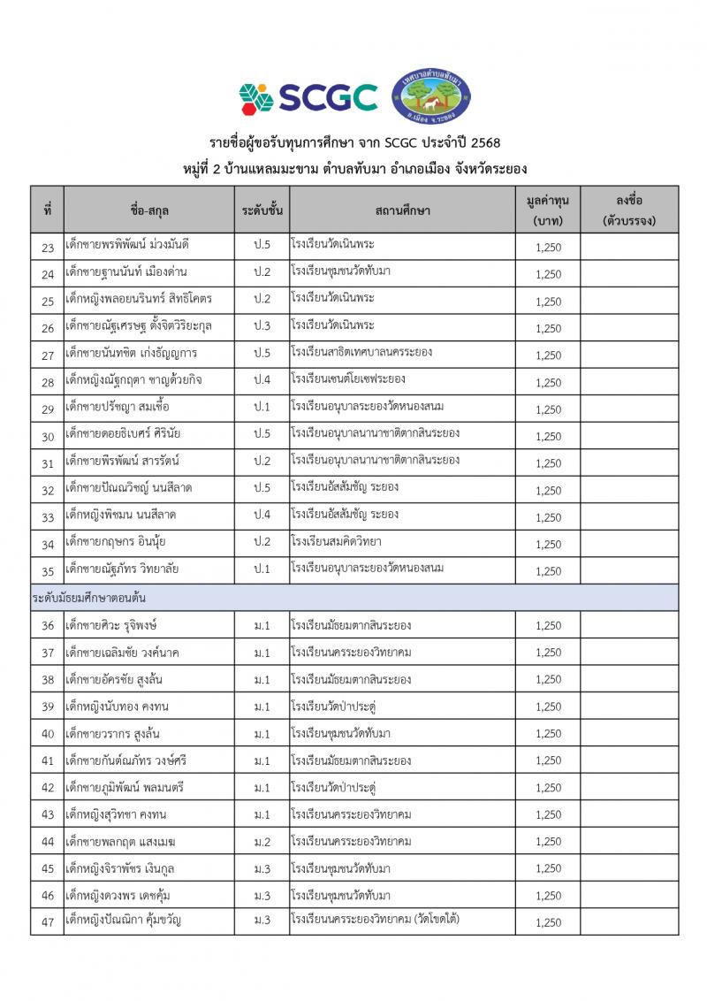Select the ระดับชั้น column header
[262, 211]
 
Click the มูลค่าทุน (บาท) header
[548, 210]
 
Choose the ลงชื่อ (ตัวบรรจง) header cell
[628, 210]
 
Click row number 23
[48, 247]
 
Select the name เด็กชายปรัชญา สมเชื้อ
[118, 408]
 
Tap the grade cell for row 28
[262, 380]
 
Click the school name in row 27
[361, 354]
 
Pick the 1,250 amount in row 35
[548, 571]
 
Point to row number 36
[48, 626]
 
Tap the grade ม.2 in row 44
[262, 841]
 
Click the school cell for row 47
[375, 921]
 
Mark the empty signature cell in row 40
[628, 734]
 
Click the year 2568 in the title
[485, 143]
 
